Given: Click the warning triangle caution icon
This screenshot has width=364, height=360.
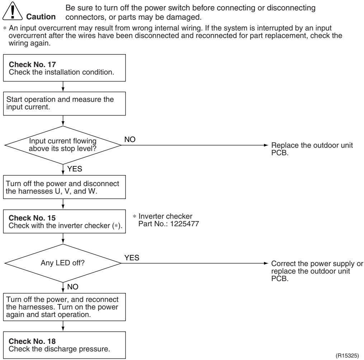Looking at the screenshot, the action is coord(13,11).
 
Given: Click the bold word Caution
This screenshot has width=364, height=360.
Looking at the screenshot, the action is coord(41,17).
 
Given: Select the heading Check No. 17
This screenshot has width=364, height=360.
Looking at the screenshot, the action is coord(32,64).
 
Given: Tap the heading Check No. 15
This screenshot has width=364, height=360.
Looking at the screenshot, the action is coord(32,218).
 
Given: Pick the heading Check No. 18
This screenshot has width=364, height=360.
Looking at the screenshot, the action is coord(32,341).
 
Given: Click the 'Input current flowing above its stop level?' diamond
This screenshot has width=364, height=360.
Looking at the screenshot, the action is coord(63,145).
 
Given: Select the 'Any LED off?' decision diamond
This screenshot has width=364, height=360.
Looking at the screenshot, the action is coord(63,263).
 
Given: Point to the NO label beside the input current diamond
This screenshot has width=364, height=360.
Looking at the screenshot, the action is coord(130,139).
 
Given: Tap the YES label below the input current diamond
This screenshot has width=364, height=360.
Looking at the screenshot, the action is coord(75,169).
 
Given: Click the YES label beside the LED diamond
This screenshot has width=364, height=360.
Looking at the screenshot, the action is coord(132,258).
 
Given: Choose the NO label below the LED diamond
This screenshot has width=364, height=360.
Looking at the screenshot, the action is coord(73,286).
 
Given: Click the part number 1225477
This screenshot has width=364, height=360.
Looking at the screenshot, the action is coord(185,224).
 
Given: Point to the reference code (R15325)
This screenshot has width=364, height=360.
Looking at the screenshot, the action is coord(347,355).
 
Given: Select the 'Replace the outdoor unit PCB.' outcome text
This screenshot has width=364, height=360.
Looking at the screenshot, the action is coord(312,149).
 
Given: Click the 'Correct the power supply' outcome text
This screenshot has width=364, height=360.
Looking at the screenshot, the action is coord(317,271).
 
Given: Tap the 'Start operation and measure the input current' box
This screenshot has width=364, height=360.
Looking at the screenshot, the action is coord(64,104).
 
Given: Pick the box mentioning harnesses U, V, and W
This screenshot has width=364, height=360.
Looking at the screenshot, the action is coord(64,187).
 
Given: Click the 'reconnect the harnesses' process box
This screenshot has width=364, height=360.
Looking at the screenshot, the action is coord(64,307).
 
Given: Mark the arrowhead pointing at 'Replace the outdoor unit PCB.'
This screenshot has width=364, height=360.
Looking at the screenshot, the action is coord(266,145).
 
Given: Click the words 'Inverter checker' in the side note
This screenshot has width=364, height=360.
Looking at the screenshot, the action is coord(165,216).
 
